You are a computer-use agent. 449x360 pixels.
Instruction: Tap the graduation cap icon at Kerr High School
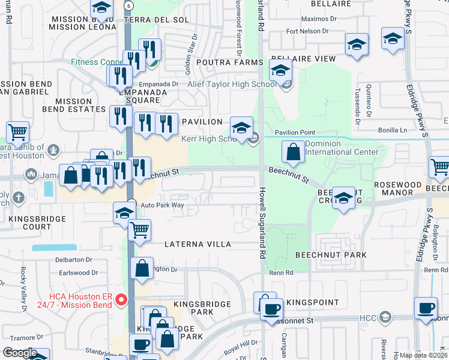pyautogui.click(x=241, y=128)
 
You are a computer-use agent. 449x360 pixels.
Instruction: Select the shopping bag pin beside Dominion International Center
pyautogui.click(x=293, y=152)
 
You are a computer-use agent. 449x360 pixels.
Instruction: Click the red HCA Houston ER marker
pyautogui.click(x=121, y=299)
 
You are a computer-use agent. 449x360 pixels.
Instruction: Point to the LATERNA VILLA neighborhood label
pyautogui.click(x=198, y=244)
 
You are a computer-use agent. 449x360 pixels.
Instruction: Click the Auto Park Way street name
pyautogui.click(x=162, y=205)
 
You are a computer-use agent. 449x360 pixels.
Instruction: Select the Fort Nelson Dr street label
pyautogui.click(x=307, y=31)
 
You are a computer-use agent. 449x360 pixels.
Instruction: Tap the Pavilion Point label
pyautogui.click(x=295, y=132)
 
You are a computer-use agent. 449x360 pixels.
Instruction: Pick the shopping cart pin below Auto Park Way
pyautogui.click(x=140, y=229)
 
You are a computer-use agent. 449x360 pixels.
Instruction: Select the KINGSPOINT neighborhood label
pyautogui.click(x=309, y=301)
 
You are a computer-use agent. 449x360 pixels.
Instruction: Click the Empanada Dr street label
pyautogui.click(x=159, y=85)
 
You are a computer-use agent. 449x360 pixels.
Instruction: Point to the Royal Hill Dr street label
pyautogui.click(x=238, y=346)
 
